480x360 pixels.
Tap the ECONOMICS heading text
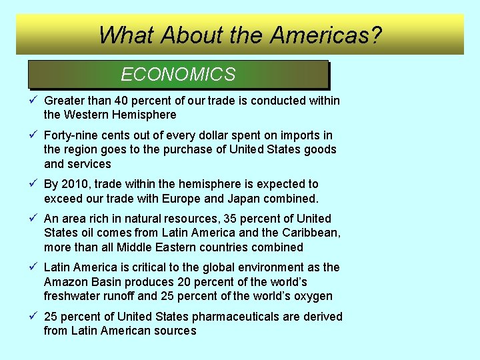point(178,75)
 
